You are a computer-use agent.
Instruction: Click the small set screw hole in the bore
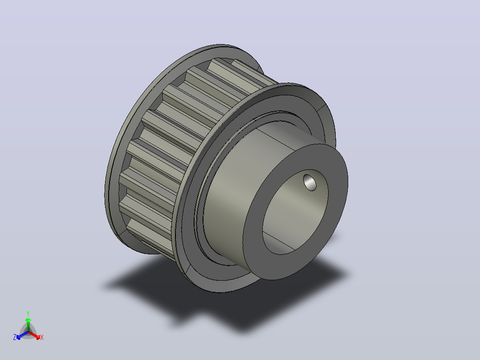(310, 183)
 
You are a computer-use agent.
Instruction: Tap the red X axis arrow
(35, 335)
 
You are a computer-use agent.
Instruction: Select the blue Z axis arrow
(22, 335)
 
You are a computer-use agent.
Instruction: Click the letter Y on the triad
(28, 313)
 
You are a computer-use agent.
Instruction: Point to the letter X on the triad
(42, 337)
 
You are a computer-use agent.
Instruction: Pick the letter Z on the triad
(15, 337)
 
